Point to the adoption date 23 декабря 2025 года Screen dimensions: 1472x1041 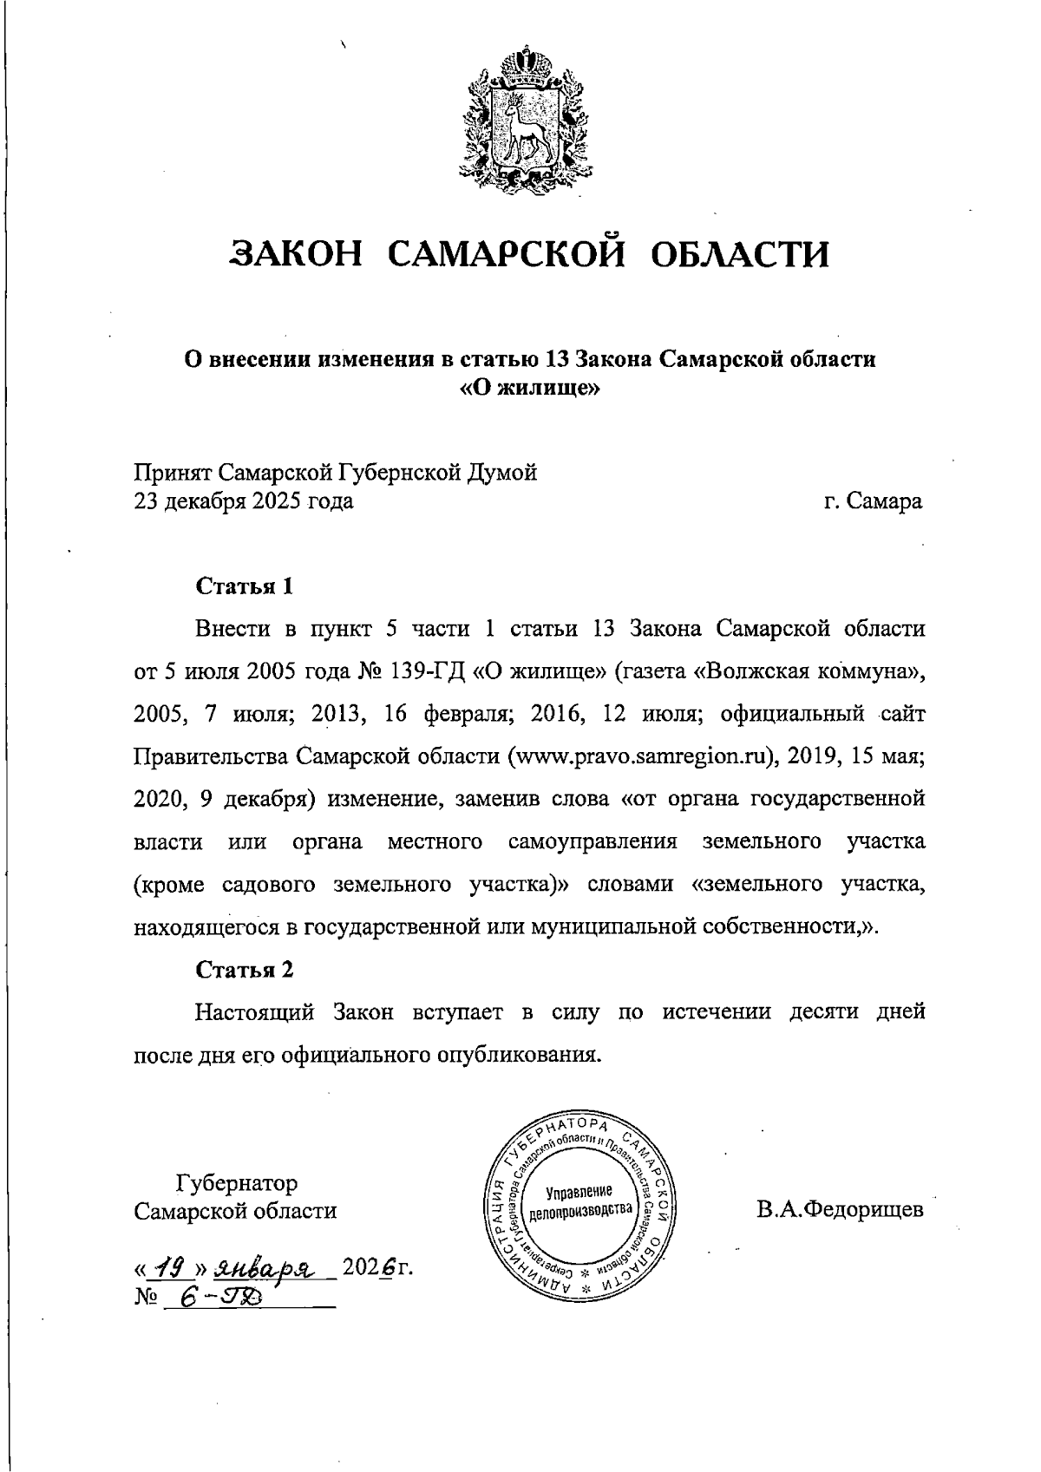(243, 501)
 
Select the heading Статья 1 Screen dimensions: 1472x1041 (246, 586)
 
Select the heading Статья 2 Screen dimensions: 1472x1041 (246, 969)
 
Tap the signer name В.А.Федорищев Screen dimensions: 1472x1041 (839, 1209)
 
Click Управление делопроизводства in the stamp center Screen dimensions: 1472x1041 (581, 1200)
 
